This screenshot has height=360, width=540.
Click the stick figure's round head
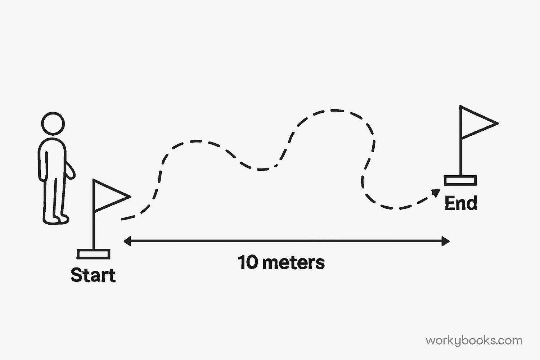point(53,123)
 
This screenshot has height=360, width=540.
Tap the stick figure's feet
point(58,219)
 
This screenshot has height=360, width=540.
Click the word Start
point(93,275)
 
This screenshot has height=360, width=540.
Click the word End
point(461,203)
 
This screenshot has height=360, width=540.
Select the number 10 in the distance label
point(248,262)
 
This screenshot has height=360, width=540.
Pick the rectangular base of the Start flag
point(94,254)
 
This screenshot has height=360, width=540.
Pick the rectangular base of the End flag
point(460,180)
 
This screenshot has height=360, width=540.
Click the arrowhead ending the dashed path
point(436,193)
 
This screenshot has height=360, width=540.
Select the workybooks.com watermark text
point(474,341)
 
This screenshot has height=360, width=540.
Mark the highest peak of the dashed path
point(333,110)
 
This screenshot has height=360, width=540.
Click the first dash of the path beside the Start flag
point(128,217)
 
